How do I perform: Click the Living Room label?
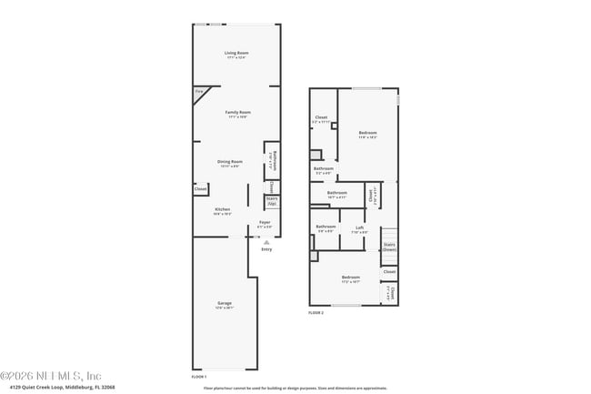[x=237, y=54]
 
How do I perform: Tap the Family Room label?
[x=237, y=113]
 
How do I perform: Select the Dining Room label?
[x=229, y=162]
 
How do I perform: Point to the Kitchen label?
[x=223, y=210]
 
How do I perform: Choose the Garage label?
[x=224, y=303]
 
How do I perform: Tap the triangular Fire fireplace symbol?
[x=200, y=91]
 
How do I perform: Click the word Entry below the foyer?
[x=266, y=249]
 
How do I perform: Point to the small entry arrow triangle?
[x=265, y=242]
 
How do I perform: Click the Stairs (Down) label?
[x=389, y=246]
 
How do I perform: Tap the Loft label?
[x=360, y=228]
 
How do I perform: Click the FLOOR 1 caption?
[x=199, y=376]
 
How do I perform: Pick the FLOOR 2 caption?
[x=316, y=312]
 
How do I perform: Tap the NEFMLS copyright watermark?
[x=51, y=375]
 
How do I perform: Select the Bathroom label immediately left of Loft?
[x=326, y=228]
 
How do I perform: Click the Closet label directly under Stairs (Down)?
[x=389, y=271]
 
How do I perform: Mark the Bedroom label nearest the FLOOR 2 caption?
[x=351, y=278]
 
